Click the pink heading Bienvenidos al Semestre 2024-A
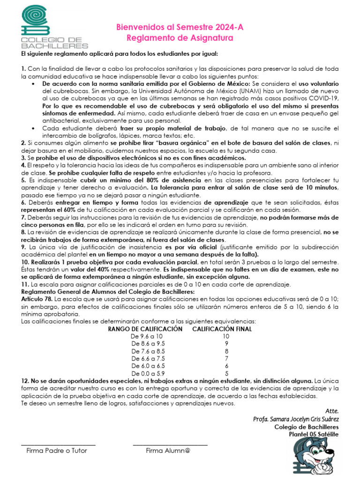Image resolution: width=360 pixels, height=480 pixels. pos(180,28)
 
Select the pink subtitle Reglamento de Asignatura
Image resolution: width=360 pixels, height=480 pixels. pos(180,37)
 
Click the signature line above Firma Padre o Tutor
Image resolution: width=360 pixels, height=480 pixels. pos(58,445)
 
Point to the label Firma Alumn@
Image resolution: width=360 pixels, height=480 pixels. pos(168,451)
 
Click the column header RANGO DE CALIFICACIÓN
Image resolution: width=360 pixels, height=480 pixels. pos(145,329)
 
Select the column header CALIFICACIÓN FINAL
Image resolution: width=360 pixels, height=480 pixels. pos(222,329)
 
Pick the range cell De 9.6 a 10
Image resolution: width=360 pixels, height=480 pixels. pos(147,336)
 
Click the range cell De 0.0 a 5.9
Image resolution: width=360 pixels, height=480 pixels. pos(148,374)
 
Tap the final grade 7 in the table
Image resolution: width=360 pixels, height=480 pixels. pos(226,359)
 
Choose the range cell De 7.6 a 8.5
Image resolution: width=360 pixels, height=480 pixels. pos(148,351)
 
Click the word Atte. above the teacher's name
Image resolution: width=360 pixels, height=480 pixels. pos(331,411)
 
